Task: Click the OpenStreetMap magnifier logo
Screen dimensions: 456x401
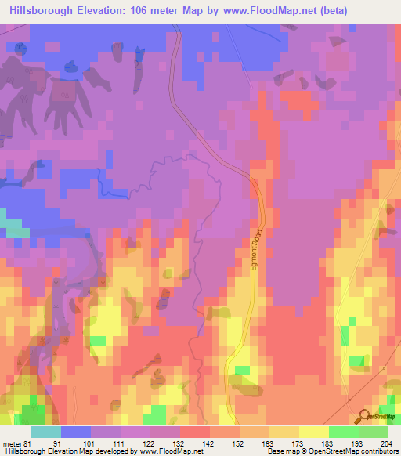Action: (365, 418)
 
